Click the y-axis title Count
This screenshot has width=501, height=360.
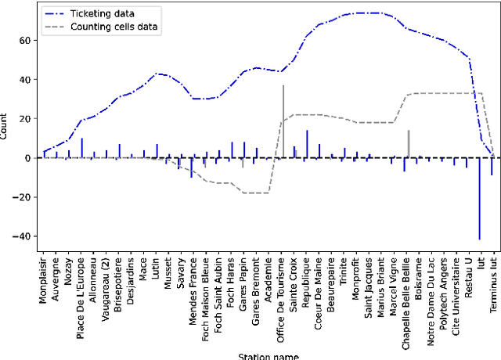tap(5, 128)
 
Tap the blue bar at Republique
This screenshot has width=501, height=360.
tap(307, 144)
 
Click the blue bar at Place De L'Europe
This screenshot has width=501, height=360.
tap(81, 148)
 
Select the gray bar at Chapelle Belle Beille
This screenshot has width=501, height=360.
tap(408, 144)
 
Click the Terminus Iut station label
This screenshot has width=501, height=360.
tap(492, 283)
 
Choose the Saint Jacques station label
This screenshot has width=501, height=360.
tap(369, 283)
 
